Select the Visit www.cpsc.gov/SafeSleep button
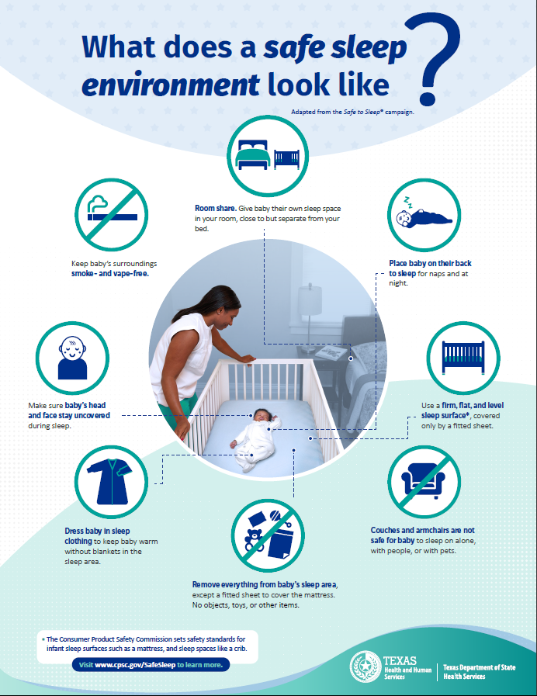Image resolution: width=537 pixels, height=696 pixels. coord(151,665)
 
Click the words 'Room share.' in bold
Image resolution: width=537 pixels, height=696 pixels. coord(216,209)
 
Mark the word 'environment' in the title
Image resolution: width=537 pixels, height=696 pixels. coord(170,84)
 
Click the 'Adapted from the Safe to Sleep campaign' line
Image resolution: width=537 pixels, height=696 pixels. coord(352,112)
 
